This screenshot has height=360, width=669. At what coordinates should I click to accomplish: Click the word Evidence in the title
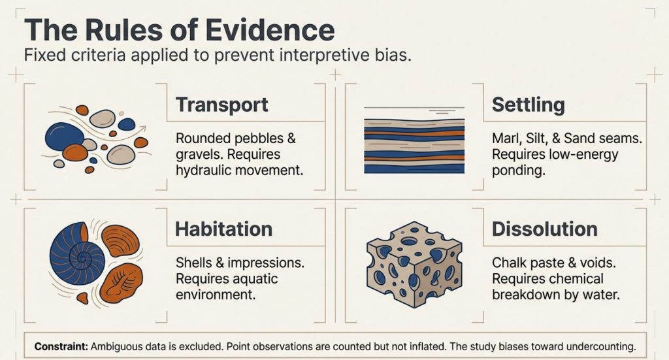[x=270, y=30]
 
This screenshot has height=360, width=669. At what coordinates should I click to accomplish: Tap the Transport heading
[x=222, y=105]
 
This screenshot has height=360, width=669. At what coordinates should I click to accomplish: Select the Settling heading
[x=528, y=105]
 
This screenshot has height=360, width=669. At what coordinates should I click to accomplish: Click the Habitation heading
[x=224, y=229]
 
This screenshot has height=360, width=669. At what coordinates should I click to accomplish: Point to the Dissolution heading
[x=544, y=229]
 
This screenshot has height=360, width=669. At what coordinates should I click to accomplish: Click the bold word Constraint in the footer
[x=61, y=346]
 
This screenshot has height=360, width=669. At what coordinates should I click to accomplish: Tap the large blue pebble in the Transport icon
[x=65, y=136]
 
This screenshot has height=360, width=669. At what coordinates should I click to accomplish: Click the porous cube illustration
[x=414, y=264]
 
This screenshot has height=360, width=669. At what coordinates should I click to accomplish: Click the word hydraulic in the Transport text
[x=204, y=171]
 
